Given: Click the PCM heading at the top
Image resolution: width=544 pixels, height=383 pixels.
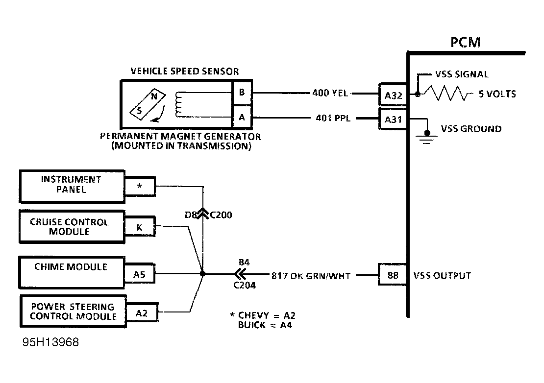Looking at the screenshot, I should tap(465, 43).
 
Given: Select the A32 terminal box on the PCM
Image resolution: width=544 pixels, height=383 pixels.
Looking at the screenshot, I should tap(393, 95).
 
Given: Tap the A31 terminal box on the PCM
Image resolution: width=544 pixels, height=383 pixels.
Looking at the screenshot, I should tap(393, 119).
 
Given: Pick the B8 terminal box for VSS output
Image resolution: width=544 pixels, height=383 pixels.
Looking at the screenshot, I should tap(393, 276).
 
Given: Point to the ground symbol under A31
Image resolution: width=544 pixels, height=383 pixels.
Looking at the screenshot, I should tap(427, 137).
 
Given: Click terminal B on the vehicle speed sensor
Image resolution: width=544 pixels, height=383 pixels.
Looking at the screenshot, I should tap(241, 92).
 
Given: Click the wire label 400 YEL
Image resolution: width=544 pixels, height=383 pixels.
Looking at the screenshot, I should tap(330, 93).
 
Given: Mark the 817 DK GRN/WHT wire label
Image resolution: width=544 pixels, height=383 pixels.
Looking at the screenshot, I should tap(311, 276).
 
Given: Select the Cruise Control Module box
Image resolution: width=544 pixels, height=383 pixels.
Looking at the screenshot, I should tap(71, 226).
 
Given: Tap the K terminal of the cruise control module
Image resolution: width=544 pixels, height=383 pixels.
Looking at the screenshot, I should tap(139, 227).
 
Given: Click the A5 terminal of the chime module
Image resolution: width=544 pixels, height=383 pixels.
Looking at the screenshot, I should tap(139, 275).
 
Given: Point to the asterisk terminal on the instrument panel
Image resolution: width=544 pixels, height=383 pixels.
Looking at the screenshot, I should tap(140, 187).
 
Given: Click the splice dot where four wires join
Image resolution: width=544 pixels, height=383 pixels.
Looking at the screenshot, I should tap(203, 274).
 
